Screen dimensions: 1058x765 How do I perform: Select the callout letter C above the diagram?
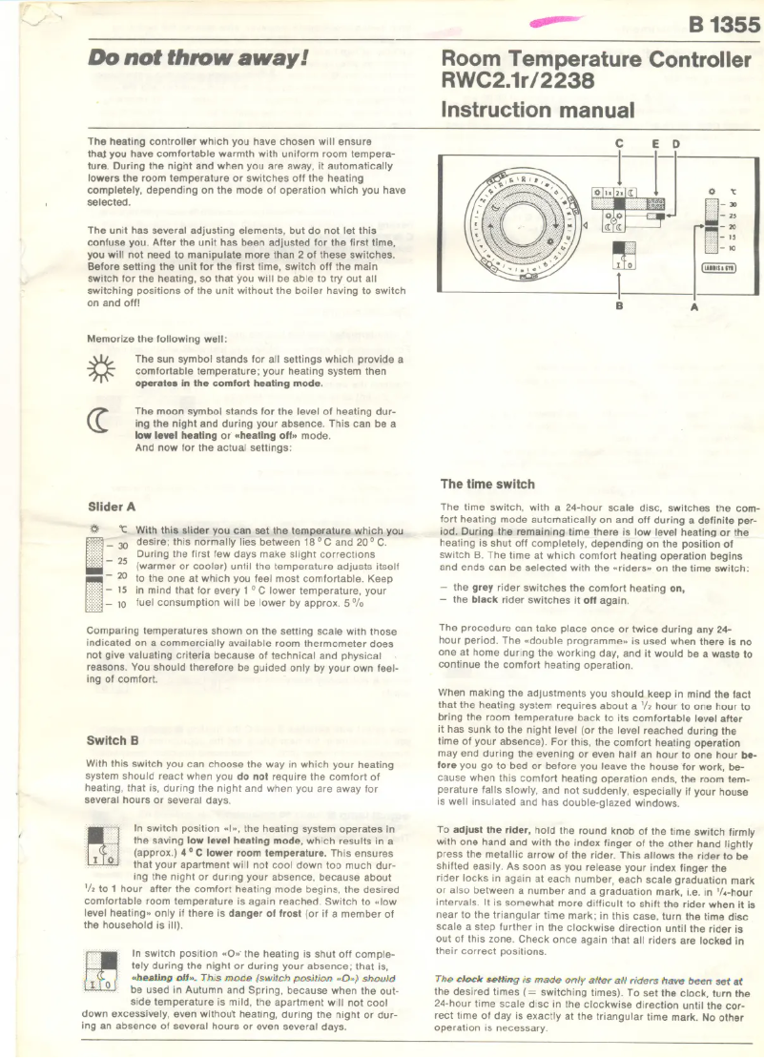click(620, 144)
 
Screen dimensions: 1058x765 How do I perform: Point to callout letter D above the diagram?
click(675, 144)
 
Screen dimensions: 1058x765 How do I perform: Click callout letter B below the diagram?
click(618, 307)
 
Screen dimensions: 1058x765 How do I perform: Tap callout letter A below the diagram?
click(694, 307)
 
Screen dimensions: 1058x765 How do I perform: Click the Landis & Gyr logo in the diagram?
click(716, 268)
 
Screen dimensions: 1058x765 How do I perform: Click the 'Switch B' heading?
click(113, 739)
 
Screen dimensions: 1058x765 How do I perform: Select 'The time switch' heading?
click(487, 484)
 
